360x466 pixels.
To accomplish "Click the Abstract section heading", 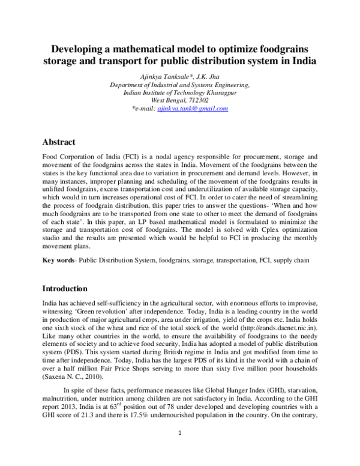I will point(58,142).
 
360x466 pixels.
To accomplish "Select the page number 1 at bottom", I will point(179,449).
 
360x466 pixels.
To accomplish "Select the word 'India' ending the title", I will point(305,61).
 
